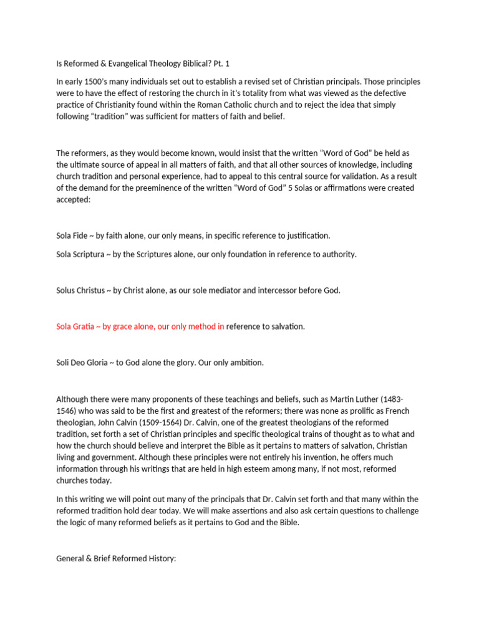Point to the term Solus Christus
pyautogui.click(x=81, y=290)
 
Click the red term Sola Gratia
pyautogui.click(x=74, y=326)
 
